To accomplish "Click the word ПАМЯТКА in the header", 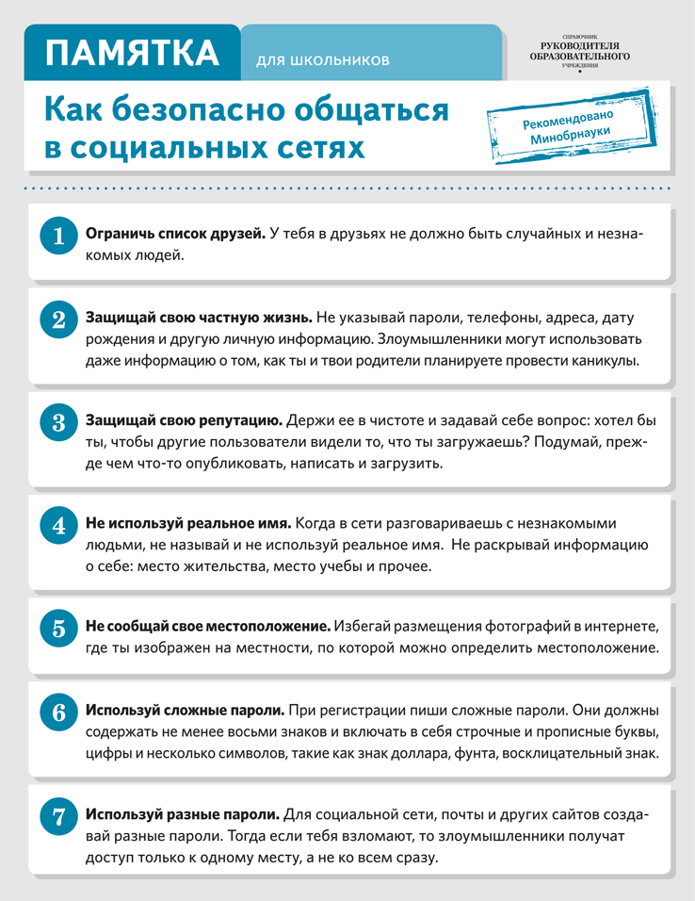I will (133, 53).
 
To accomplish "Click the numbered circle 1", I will (58, 237).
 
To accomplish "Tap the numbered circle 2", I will (58, 319).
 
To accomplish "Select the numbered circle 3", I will (58, 422).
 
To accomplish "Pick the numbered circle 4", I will (58, 525).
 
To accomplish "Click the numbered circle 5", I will (58, 628).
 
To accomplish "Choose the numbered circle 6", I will (58, 712).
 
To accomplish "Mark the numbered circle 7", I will (58, 815).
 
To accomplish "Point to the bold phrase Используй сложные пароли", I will (185, 709).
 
